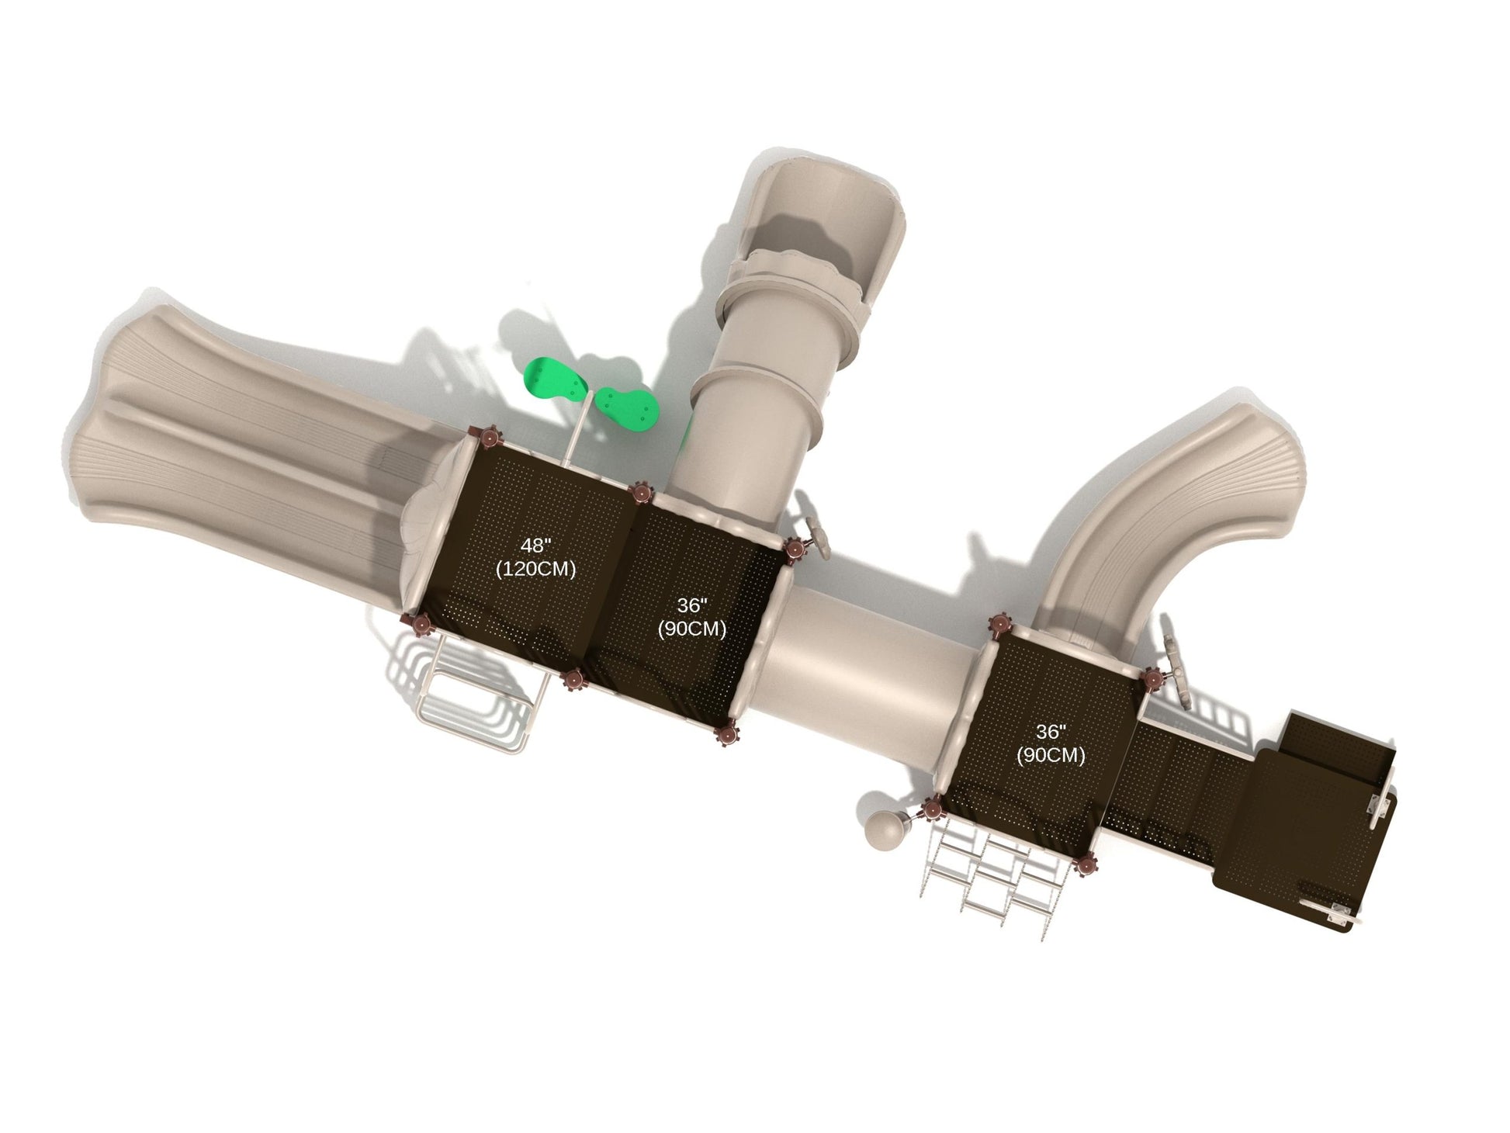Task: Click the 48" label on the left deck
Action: click(x=535, y=546)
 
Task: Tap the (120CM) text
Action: click(x=535, y=569)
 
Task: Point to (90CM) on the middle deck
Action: click(x=691, y=629)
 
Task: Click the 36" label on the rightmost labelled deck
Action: click(x=1051, y=732)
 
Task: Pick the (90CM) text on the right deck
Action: click(x=1051, y=754)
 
